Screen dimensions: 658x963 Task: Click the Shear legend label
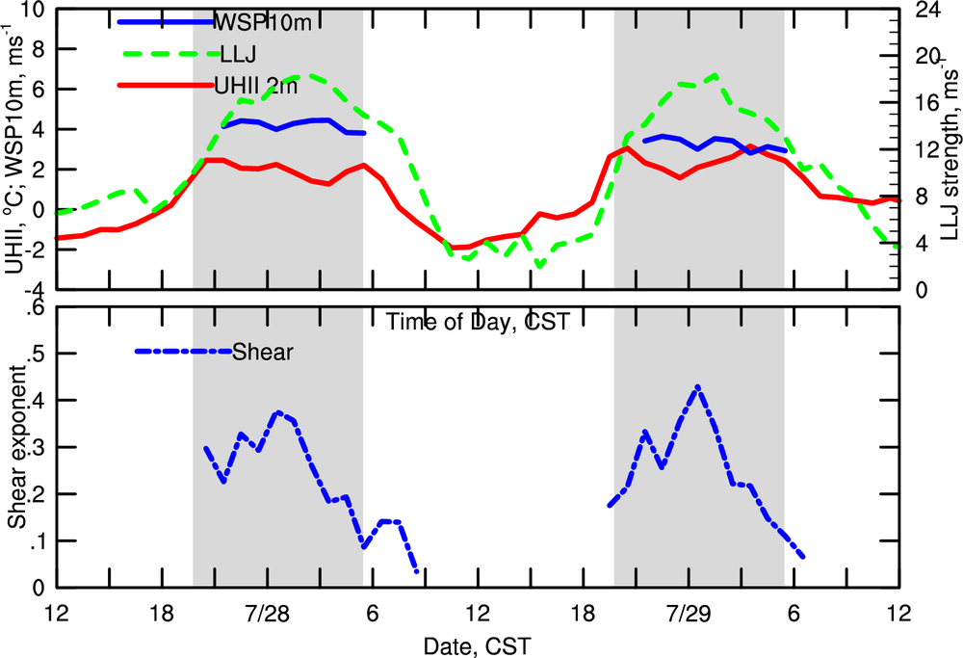click(x=263, y=352)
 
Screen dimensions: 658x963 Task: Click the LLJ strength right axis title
click(x=951, y=154)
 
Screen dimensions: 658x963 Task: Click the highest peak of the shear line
click(x=696, y=386)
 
